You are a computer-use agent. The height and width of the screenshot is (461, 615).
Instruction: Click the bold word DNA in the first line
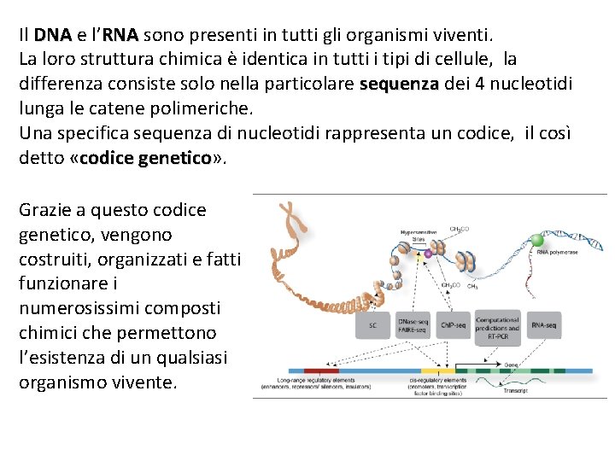point(53,36)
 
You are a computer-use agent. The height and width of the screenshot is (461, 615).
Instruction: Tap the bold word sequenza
point(399,85)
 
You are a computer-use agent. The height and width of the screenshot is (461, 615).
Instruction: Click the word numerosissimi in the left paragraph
point(75,307)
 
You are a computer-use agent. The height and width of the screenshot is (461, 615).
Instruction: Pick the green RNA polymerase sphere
point(537,240)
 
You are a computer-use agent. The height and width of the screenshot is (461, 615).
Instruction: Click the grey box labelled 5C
point(372,325)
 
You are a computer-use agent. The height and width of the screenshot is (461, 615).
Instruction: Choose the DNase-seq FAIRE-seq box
point(413,325)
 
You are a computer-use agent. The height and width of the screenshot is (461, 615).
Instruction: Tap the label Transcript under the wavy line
point(516,390)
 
